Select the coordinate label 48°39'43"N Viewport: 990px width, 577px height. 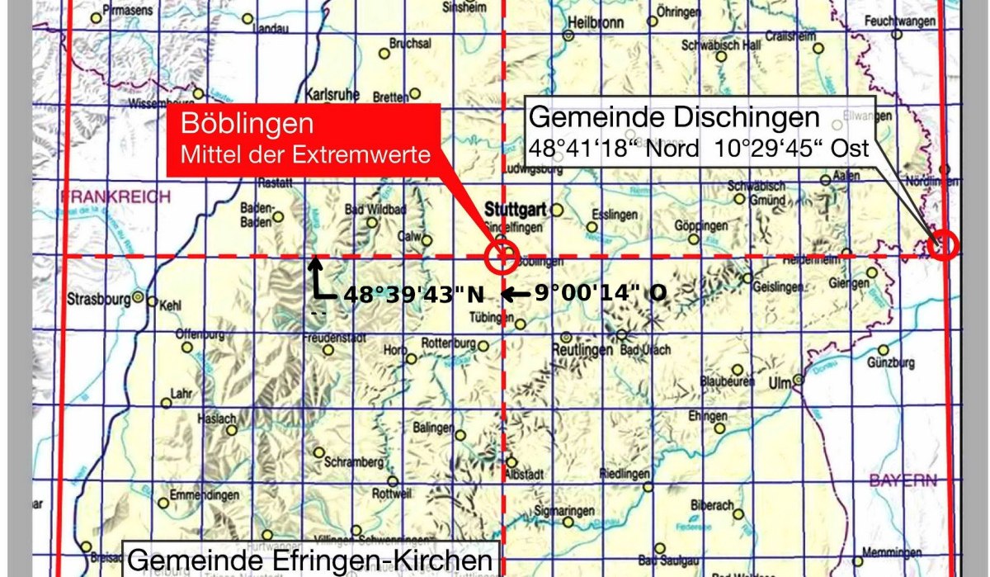pos(412,294)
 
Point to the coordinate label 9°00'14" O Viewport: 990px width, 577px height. pos(600,292)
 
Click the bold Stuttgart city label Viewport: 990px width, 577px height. pos(515,209)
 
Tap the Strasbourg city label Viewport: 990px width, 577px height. pos(99,298)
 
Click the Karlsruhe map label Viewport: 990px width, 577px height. pos(332,94)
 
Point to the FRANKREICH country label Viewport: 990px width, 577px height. pos(115,197)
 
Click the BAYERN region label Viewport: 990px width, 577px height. pos(903,480)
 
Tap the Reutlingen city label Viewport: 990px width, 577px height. pos(582,350)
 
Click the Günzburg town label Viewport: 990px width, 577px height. pos(892,362)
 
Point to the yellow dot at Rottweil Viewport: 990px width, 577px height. pos(393,481)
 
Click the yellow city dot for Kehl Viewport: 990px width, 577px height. pos(152,302)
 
